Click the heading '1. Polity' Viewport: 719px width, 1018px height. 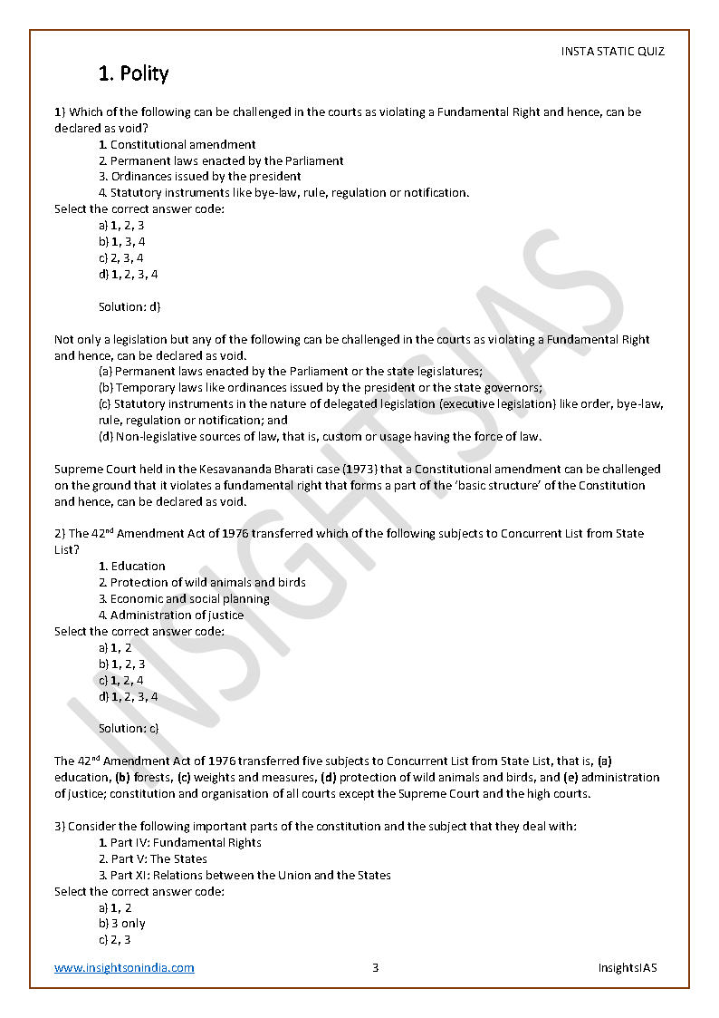click(x=133, y=73)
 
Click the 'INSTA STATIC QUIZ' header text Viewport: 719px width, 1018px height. click(x=612, y=52)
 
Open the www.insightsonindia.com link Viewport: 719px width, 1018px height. click(x=124, y=967)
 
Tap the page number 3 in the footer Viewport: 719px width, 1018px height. click(x=375, y=967)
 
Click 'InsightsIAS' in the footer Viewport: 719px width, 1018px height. click(x=628, y=967)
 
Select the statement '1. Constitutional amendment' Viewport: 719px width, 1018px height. click(x=177, y=144)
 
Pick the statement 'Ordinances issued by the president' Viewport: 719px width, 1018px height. click(x=206, y=177)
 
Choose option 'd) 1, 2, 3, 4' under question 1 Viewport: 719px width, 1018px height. click(x=129, y=274)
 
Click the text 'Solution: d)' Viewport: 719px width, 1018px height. click(x=129, y=306)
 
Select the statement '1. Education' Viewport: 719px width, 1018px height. click(x=132, y=566)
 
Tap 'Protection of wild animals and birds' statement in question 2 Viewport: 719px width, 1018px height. click(x=207, y=582)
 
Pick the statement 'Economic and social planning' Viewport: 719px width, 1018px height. click(x=189, y=598)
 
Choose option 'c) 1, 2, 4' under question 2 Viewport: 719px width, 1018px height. click(x=121, y=680)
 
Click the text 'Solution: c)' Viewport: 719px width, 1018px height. click(x=129, y=728)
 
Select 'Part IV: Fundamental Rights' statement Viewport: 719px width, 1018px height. click(x=186, y=842)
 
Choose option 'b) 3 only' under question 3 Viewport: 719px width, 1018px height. click(x=122, y=923)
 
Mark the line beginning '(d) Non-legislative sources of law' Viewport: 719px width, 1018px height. click(x=320, y=437)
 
